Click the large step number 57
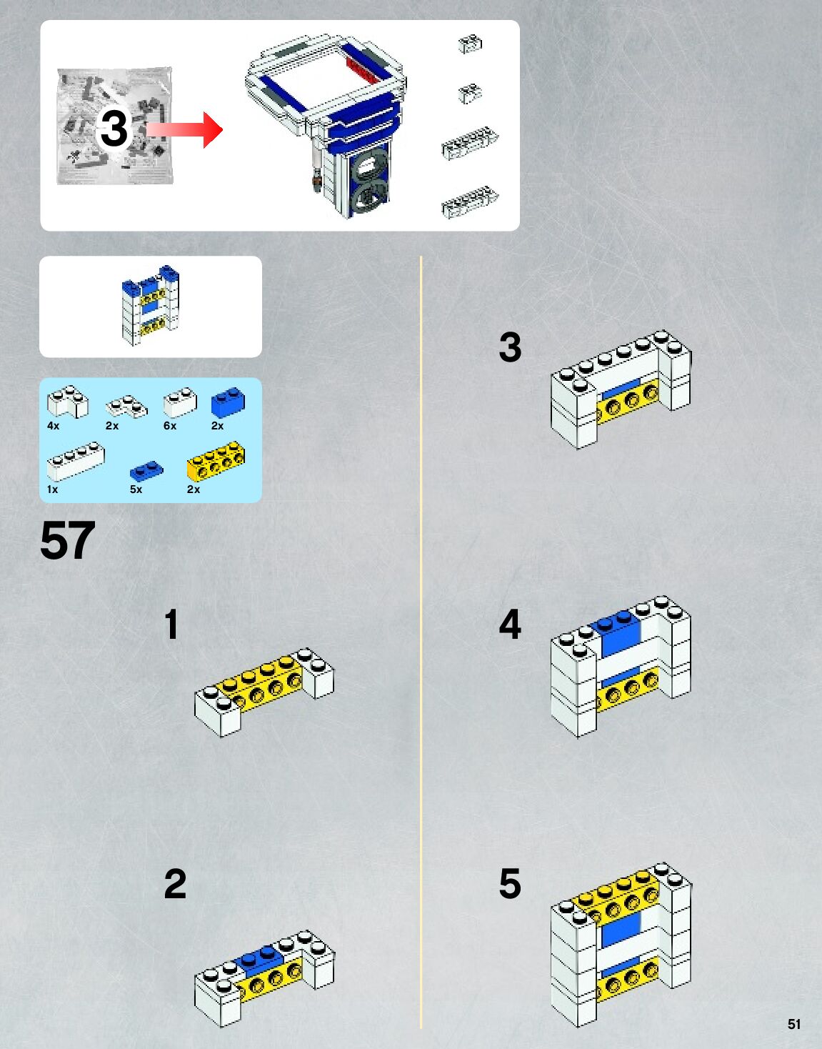tap(68, 541)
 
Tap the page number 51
tap(794, 1024)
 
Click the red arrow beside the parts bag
tap(184, 130)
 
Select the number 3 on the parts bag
tap(114, 129)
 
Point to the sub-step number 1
tap(171, 624)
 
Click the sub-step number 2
tap(175, 884)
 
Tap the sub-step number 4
tap(510, 624)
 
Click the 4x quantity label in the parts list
tap(53, 426)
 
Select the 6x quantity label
tap(170, 426)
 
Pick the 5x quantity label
tap(136, 489)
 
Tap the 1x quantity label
tap(52, 489)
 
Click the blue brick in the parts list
tap(228, 402)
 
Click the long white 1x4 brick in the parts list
tap(76, 462)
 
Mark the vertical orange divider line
tap(421, 642)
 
